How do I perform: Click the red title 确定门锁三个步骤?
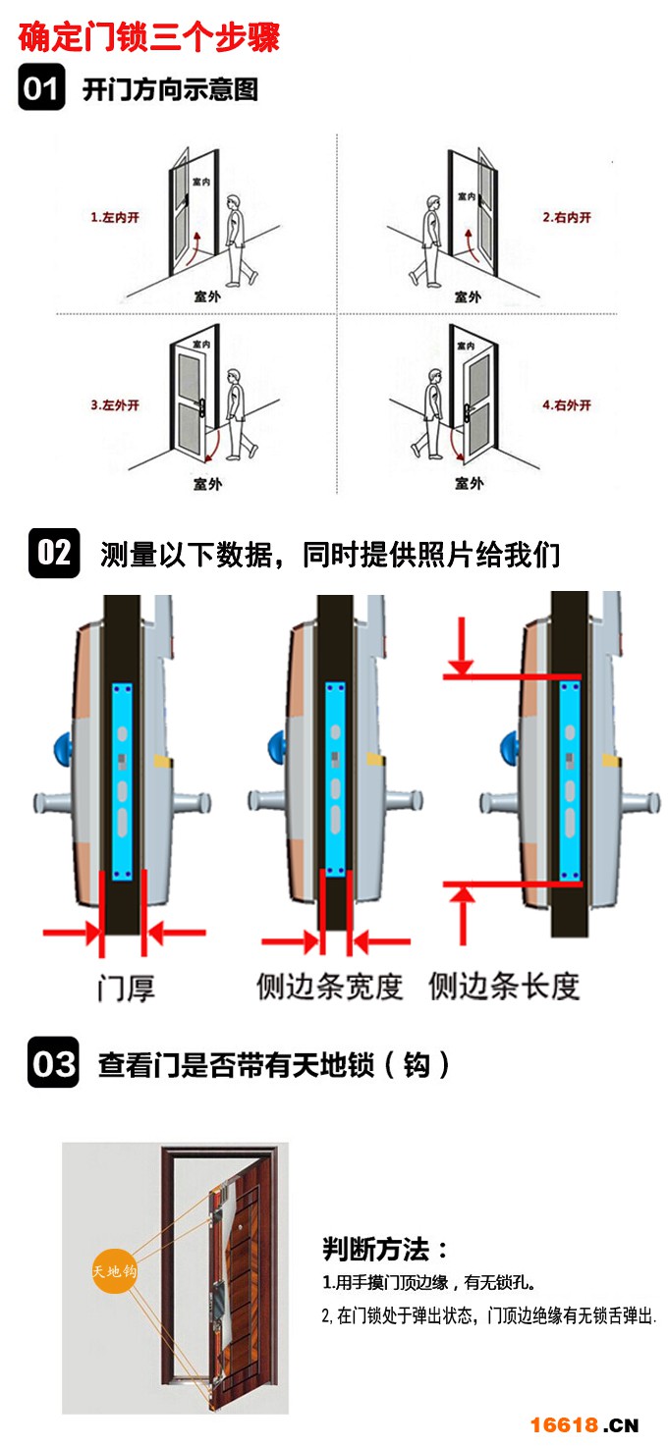click(x=149, y=36)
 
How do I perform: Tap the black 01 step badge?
click(x=41, y=88)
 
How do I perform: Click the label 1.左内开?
click(x=115, y=217)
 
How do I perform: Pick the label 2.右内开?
click(x=567, y=217)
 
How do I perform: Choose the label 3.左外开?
click(x=115, y=404)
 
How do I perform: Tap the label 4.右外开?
click(x=567, y=404)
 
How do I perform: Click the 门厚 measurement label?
click(x=126, y=987)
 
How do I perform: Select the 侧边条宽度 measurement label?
click(x=330, y=986)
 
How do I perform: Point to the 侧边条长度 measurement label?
click(x=504, y=986)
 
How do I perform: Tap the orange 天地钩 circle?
click(x=114, y=1271)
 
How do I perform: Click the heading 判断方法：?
click(x=385, y=1250)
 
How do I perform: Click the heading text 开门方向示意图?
click(x=170, y=90)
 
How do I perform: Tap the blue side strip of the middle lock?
click(x=334, y=779)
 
